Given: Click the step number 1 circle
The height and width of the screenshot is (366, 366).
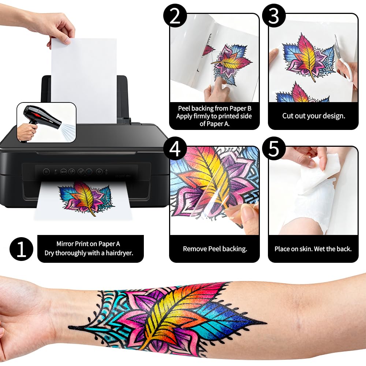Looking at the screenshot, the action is (21, 249).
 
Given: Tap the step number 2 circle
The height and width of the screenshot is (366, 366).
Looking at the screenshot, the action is (175, 16).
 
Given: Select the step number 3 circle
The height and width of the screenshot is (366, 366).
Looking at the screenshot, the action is (274, 16).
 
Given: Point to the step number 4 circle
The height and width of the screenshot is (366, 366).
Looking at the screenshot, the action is (175, 149).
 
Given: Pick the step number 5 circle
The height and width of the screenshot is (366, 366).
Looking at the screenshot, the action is (274, 149).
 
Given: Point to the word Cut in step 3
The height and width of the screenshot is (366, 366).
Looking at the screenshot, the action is (287, 116).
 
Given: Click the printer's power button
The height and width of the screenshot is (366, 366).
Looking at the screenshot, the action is (46, 172).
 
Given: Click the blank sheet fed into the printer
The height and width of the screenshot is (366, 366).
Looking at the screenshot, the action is (84, 81).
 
